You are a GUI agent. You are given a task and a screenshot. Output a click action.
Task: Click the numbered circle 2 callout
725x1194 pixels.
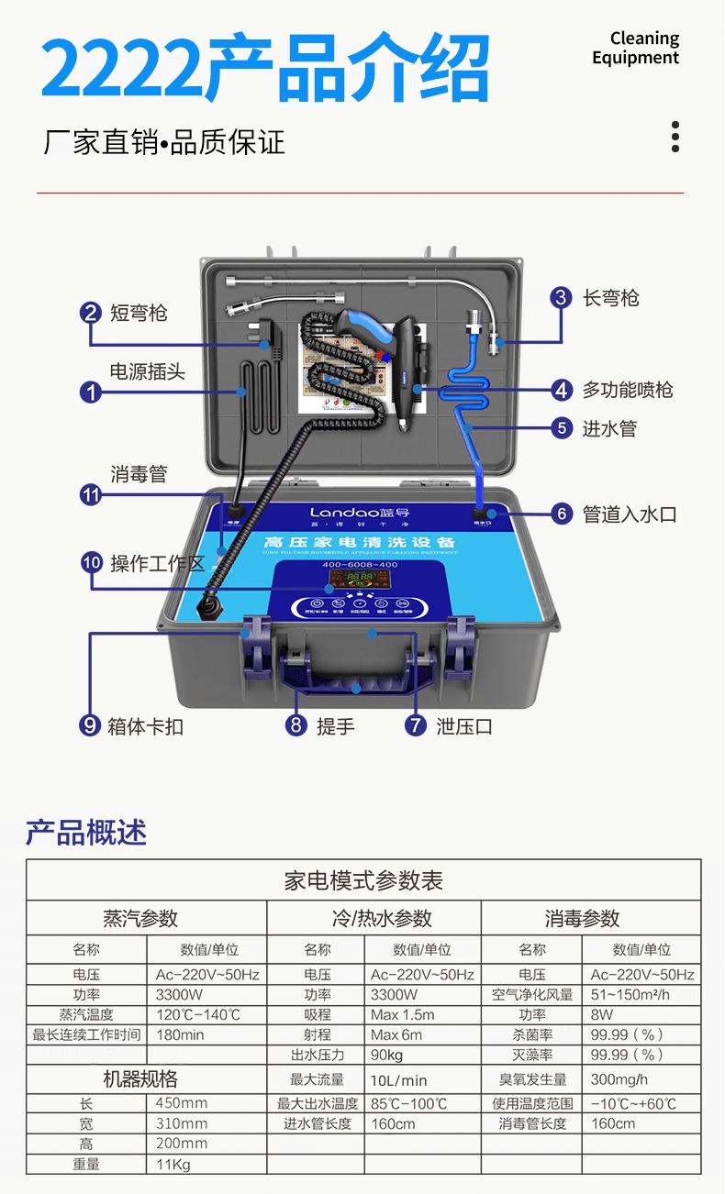(90, 313)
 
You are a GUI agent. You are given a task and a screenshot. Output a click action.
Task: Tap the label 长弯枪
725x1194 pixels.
(610, 298)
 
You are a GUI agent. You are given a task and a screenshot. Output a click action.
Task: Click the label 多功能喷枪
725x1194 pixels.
(628, 390)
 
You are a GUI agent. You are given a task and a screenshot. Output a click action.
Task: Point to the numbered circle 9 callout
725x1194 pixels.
(90, 725)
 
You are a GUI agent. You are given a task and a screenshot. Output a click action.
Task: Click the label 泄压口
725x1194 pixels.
(464, 726)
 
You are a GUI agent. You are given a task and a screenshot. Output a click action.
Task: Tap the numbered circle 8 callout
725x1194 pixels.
(296, 725)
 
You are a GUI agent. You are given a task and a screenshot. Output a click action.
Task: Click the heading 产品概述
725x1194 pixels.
(86, 832)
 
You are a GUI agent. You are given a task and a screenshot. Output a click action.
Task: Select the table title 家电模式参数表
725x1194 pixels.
(363, 881)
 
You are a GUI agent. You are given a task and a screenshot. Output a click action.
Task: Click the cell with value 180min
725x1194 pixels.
(180, 1034)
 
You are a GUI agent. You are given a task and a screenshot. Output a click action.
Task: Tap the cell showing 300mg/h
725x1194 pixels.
(619, 1079)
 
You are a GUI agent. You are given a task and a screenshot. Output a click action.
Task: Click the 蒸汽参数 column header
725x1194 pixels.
(140, 919)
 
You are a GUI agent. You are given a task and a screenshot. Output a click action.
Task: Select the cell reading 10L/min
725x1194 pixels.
(399, 1080)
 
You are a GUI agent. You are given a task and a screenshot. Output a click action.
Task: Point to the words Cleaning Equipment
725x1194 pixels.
(635, 48)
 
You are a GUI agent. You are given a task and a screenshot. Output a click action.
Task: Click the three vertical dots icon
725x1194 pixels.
(675, 136)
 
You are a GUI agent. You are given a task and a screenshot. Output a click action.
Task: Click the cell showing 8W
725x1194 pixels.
(602, 1015)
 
